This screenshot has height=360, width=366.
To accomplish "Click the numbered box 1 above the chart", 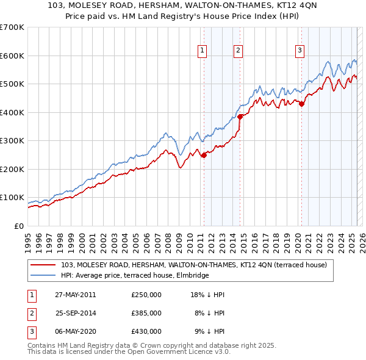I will click(x=202, y=51).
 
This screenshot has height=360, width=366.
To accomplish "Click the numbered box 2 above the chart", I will click(x=238, y=51).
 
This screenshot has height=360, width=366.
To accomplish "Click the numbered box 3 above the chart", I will click(x=300, y=51).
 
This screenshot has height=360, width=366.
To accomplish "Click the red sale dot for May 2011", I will click(x=204, y=155).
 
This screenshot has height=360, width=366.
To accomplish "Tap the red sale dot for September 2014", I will click(x=240, y=117).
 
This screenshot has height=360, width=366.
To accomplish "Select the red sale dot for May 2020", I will click(x=301, y=104).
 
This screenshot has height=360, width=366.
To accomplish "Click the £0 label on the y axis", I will click(x=18, y=226).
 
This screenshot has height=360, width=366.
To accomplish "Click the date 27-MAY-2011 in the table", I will click(x=75, y=295).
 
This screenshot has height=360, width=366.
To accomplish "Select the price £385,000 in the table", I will click(x=146, y=313).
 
